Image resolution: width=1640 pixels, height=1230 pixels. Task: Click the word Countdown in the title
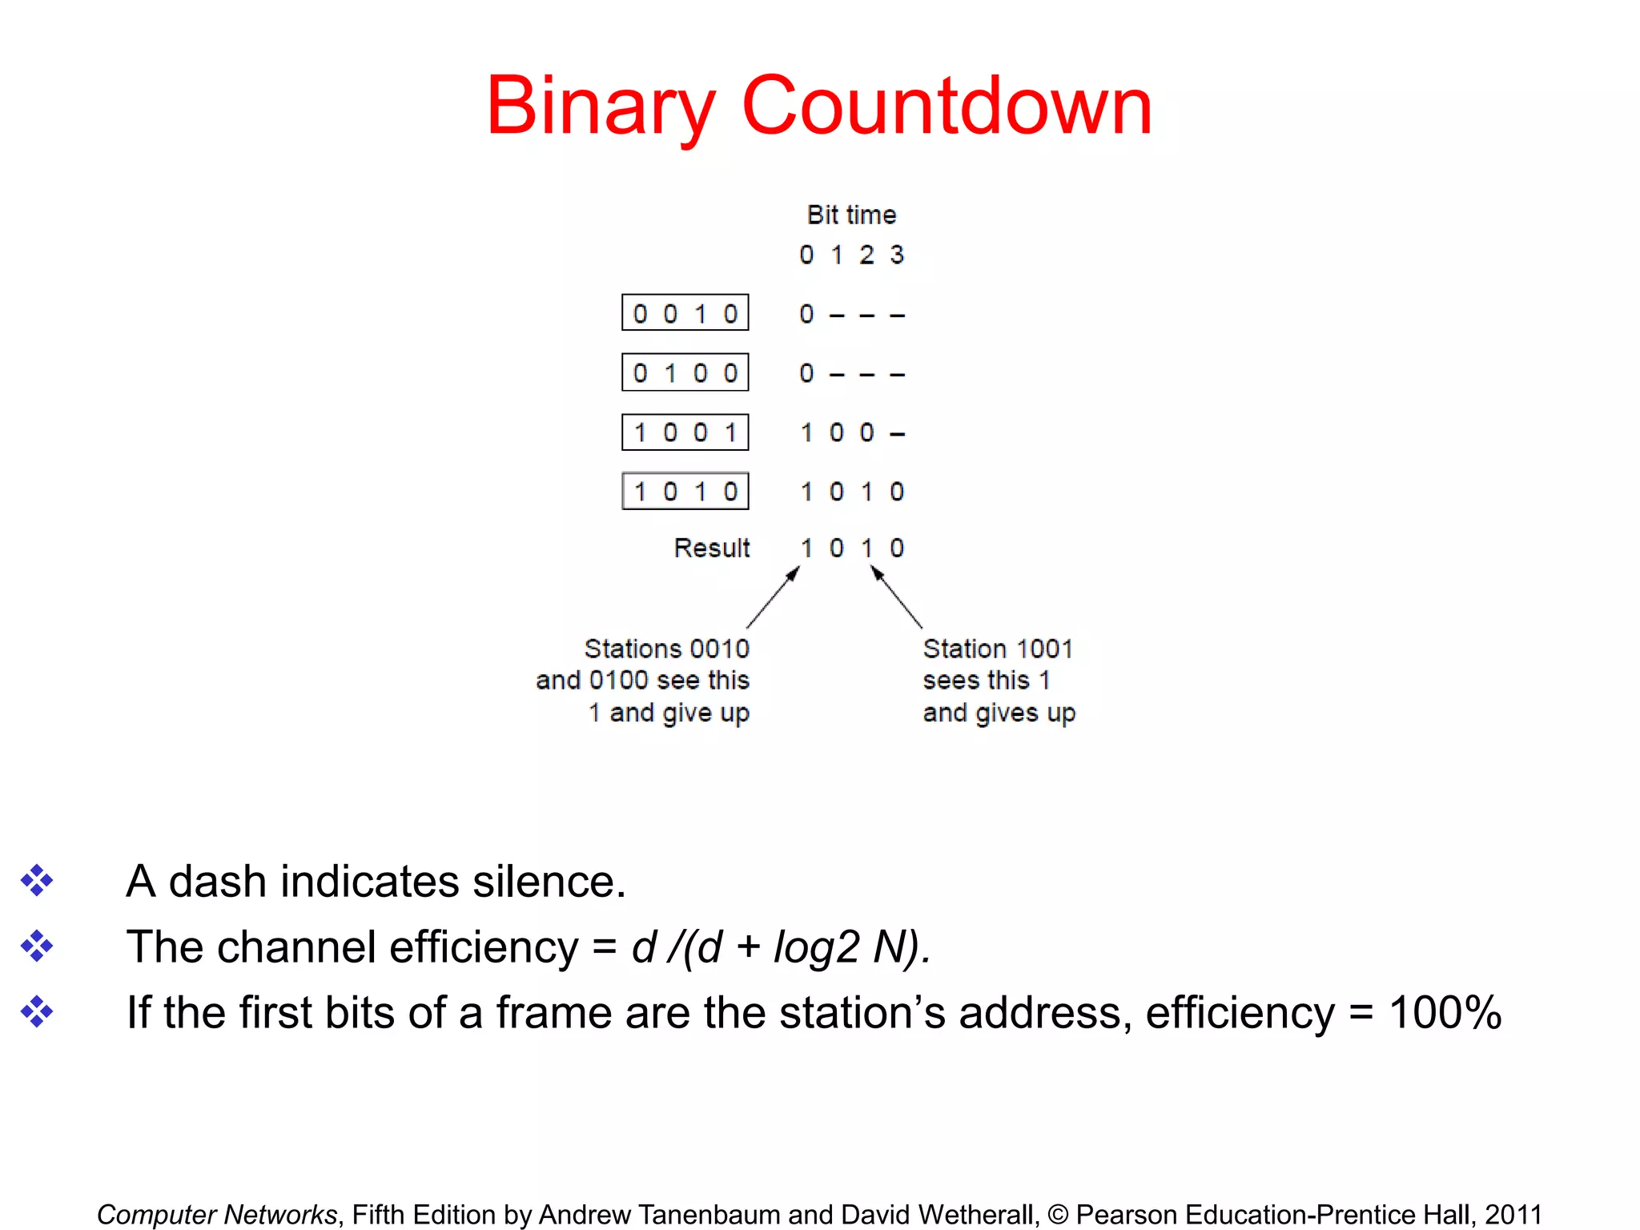[x=947, y=106]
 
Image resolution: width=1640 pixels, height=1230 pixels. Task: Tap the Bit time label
[x=851, y=215]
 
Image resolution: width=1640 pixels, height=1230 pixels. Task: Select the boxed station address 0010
[x=685, y=313]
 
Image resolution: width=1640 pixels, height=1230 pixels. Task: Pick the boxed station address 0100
[x=685, y=372]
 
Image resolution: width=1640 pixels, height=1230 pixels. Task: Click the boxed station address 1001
[x=685, y=432]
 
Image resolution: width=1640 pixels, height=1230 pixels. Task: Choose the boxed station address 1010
[x=685, y=491]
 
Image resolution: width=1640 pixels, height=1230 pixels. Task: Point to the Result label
[x=711, y=548]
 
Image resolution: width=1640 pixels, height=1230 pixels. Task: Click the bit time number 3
[x=897, y=255]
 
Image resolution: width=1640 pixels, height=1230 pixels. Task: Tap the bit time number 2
[x=866, y=255]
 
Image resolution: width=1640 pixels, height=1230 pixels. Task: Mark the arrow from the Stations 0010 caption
[x=773, y=597]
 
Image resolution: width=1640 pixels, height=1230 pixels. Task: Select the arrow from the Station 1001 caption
[x=896, y=597]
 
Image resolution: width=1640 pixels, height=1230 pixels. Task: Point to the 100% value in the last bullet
[x=1445, y=1012]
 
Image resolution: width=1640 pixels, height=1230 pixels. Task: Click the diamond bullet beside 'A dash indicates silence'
[x=37, y=881]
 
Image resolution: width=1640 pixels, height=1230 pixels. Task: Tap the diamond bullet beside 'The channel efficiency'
[x=37, y=946]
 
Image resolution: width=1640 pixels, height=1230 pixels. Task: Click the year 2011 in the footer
[x=1513, y=1214]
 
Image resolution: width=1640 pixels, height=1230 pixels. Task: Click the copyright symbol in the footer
[x=1057, y=1215]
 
